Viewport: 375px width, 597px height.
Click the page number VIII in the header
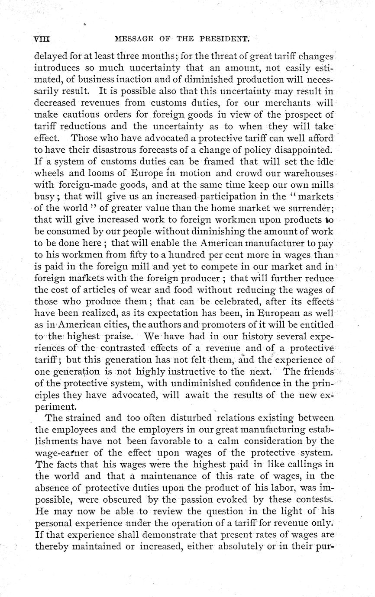coord(42,39)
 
